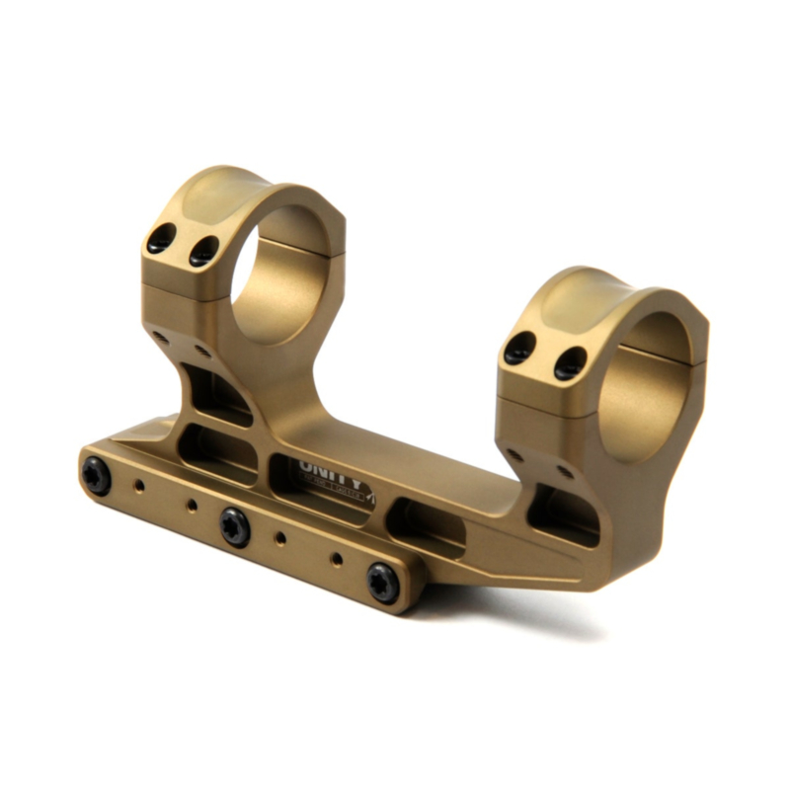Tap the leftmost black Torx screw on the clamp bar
pyautogui.click(x=97, y=477)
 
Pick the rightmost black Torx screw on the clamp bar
pyautogui.click(x=382, y=583)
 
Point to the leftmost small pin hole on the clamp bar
pyautogui.click(x=141, y=486)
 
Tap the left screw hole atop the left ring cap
pyautogui.click(x=161, y=238)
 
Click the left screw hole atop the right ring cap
pyautogui.click(x=519, y=348)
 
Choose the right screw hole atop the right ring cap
pyautogui.click(x=570, y=363)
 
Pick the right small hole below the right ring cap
pyautogui.click(x=566, y=472)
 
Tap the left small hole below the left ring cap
pyautogui.click(x=161, y=337)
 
